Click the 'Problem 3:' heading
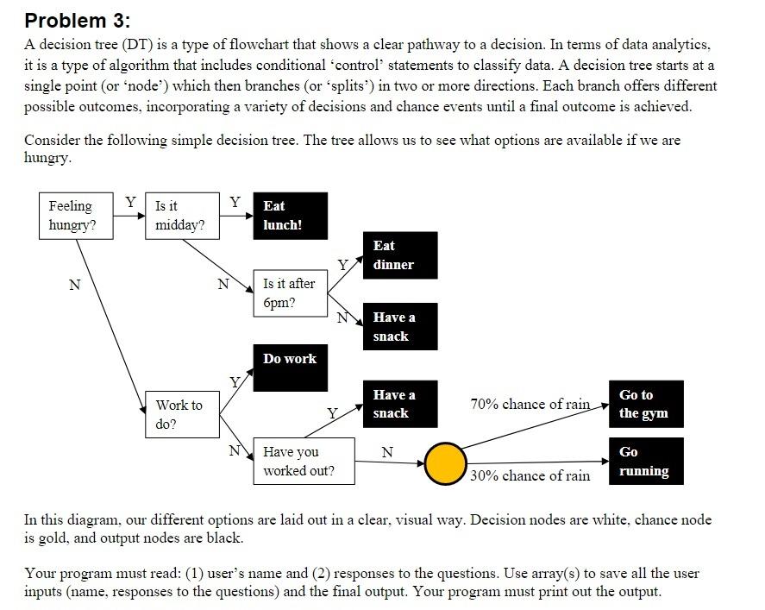point(78,20)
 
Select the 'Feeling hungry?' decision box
point(72,216)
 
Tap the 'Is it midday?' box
point(180,216)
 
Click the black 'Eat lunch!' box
point(291,216)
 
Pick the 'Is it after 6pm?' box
point(291,292)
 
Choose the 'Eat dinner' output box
point(399,255)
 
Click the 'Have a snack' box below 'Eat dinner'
point(399,326)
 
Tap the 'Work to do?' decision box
point(180,414)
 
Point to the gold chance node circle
point(446,464)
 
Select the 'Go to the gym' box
point(645,404)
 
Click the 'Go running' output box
point(645,461)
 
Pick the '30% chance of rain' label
point(530,475)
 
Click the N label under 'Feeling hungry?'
point(74,286)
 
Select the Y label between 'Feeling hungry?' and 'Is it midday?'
point(130,202)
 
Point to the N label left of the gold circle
point(387,451)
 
